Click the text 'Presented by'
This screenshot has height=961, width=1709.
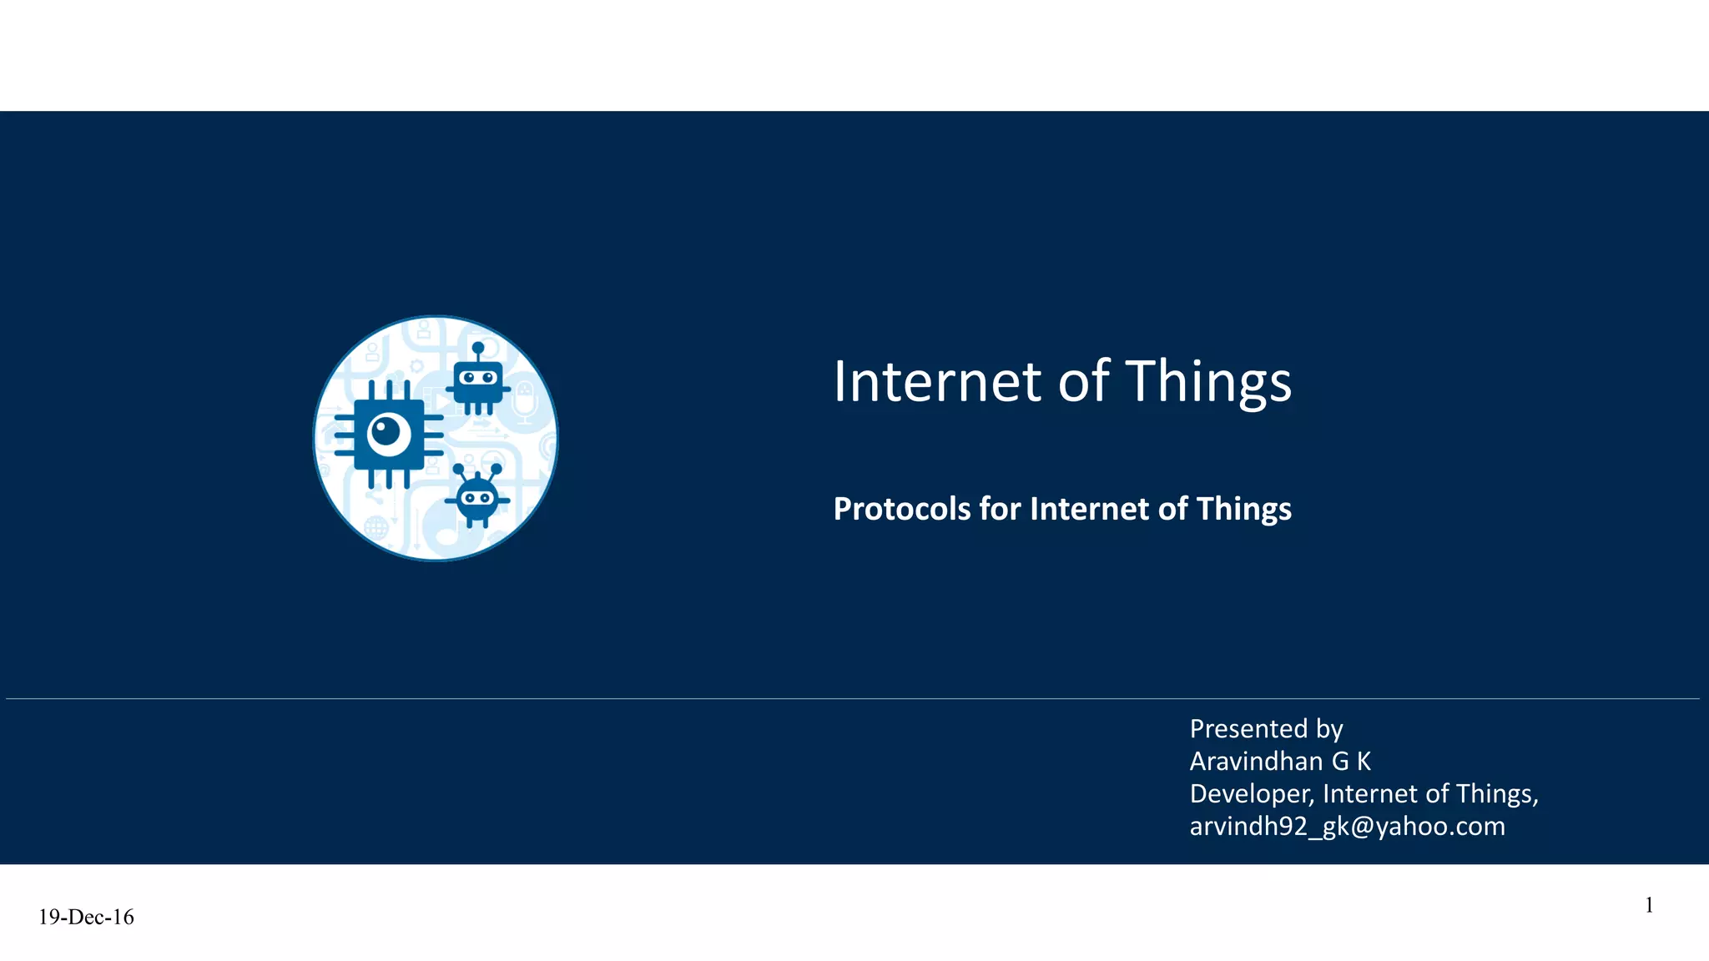tap(1266, 729)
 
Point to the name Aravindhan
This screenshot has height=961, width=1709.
tap(1256, 762)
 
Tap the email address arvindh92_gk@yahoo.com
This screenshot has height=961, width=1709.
tap(1347, 827)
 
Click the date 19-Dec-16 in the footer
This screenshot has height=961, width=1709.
tap(86, 918)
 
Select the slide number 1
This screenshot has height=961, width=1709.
tap(1649, 906)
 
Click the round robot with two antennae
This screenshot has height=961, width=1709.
tap(477, 499)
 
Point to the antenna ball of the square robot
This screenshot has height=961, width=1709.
tap(478, 347)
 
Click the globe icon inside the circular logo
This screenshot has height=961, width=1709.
tap(376, 527)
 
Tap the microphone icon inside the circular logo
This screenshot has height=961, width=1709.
tap(524, 400)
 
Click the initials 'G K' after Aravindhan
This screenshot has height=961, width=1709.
tap(1350, 762)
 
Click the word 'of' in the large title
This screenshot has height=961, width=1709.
tap(1083, 382)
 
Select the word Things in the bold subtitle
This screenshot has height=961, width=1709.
tap(1243, 509)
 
